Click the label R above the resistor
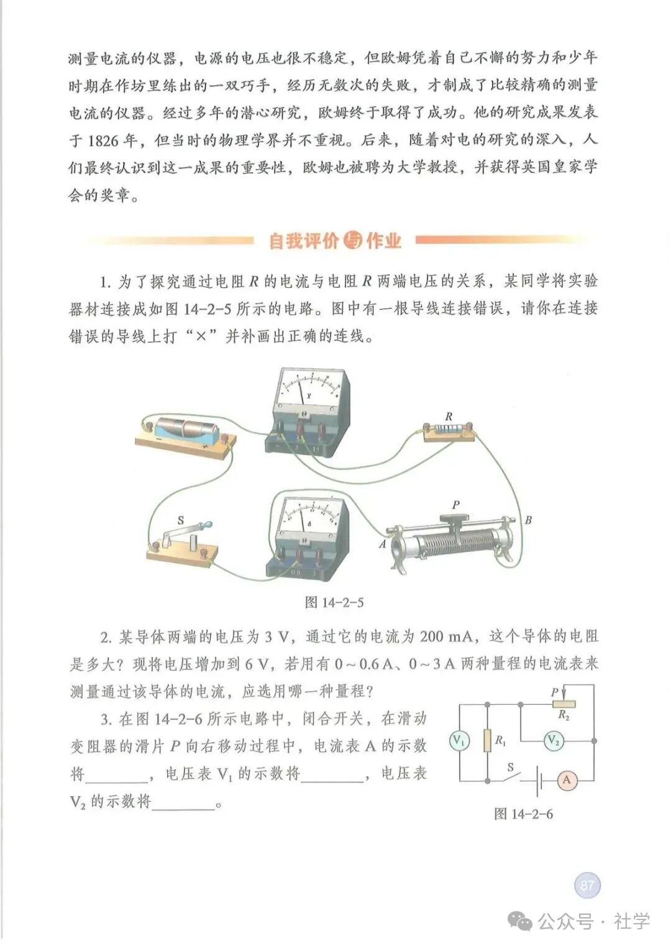[x=449, y=416]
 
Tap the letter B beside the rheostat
[x=528, y=520]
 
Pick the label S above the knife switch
[x=181, y=520]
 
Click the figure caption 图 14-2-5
[x=334, y=602]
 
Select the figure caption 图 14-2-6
[x=523, y=814]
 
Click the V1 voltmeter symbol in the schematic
[x=459, y=740]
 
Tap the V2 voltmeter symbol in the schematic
[x=553, y=740]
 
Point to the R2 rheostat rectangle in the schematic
[x=564, y=704]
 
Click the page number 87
[x=587, y=885]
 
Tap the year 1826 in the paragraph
[x=103, y=140]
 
